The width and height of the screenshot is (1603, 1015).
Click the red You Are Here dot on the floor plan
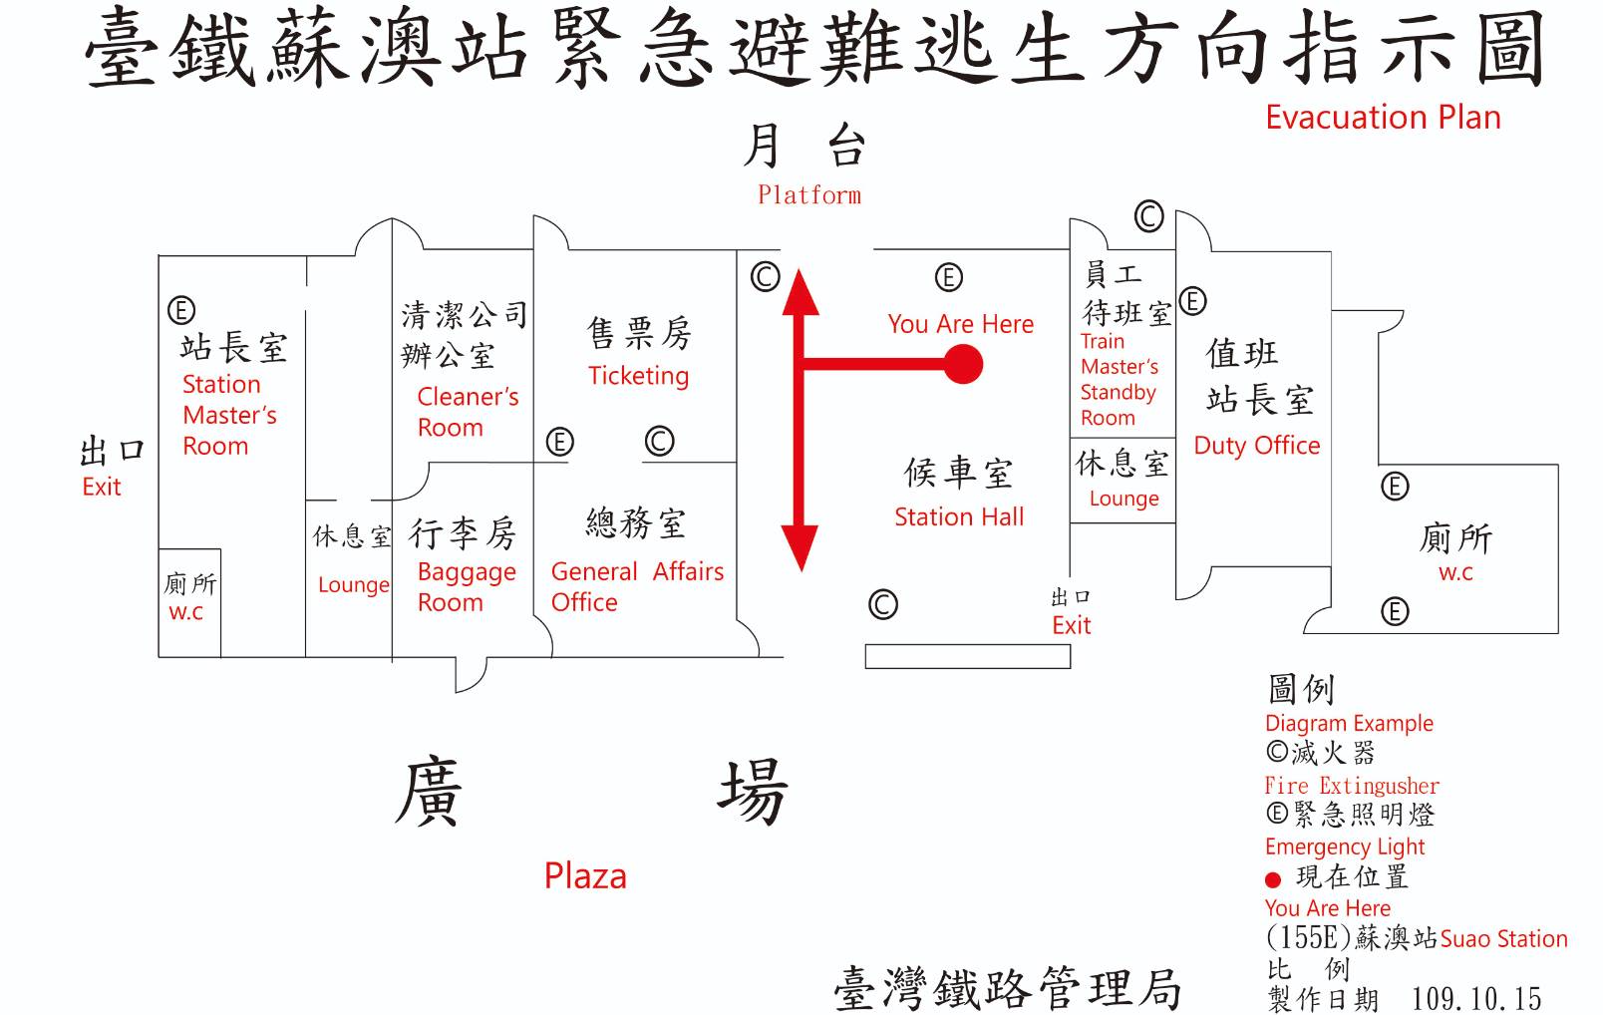[x=962, y=364]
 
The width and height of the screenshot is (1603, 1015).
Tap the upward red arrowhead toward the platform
[x=800, y=291]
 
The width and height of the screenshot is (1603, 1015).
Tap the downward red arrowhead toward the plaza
[x=800, y=547]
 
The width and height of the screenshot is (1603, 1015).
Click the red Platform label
[x=808, y=194]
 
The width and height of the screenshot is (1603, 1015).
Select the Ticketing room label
[x=638, y=376]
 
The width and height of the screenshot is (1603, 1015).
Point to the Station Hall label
[x=959, y=516]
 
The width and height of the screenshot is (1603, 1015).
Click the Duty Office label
[x=1256, y=445]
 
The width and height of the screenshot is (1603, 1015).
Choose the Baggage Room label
[x=466, y=586]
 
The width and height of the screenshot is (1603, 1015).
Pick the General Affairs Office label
[x=637, y=586]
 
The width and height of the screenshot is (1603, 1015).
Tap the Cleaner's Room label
[x=467, y=412]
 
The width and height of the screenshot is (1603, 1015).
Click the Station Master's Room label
[x=228, y=415]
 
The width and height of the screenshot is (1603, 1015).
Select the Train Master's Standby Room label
[x=1119, y=380]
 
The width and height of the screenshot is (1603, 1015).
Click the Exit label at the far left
[x=102, y=487]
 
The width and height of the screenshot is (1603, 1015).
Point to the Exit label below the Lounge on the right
[x=1072, y=625]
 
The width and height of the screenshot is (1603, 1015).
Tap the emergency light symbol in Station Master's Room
[x=181, y=311]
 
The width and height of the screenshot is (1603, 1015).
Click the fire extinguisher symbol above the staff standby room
[x=1148, y=215]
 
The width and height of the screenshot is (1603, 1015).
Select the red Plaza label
[x=585, y=875]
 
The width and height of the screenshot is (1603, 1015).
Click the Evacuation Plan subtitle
[x=1383, y=118]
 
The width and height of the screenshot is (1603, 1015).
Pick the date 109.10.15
[x=1475, y=998]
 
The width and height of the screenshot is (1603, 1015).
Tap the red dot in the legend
[x=1272, y=879]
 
